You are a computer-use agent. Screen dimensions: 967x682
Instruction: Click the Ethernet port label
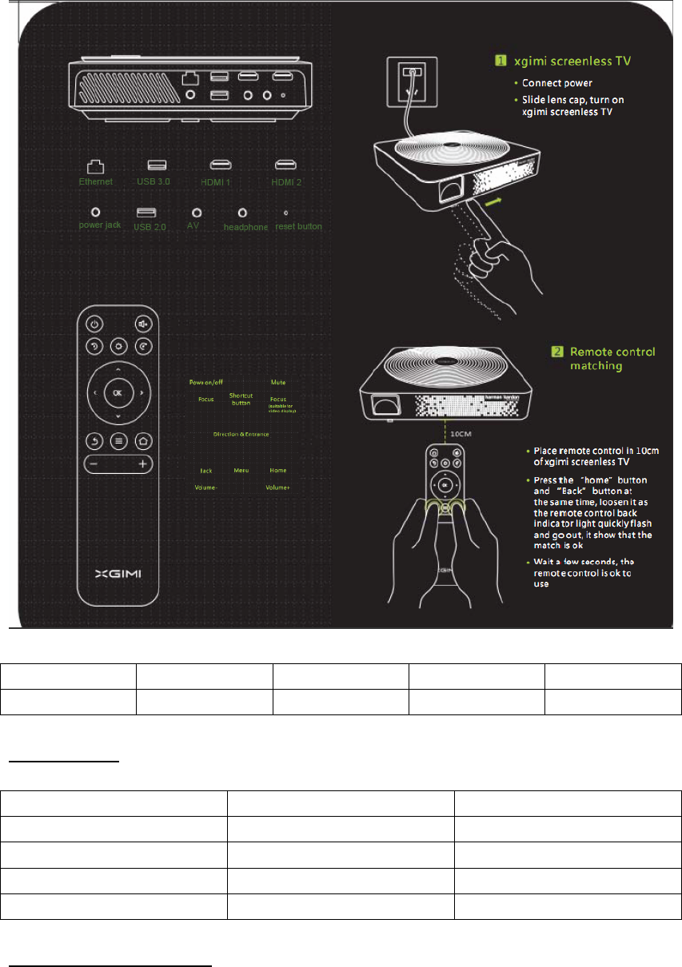tap(95, 182)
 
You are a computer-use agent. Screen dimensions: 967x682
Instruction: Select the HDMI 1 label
tap(221, 182)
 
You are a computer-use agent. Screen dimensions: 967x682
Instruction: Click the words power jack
tap(99, 226)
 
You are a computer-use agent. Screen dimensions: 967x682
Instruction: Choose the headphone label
tap(244, 226)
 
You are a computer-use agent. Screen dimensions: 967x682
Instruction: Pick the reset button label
tap(298, 226)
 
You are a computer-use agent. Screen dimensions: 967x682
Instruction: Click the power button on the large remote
tap(94, 324)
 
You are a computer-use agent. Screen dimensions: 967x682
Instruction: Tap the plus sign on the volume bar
tap(142, 464)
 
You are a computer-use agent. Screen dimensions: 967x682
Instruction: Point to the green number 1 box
tap(498, 59)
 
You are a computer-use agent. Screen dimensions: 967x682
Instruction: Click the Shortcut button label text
tap(241, 399)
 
